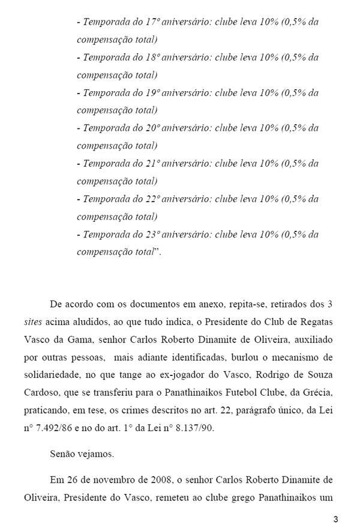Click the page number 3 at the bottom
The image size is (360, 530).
coord(336,519)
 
